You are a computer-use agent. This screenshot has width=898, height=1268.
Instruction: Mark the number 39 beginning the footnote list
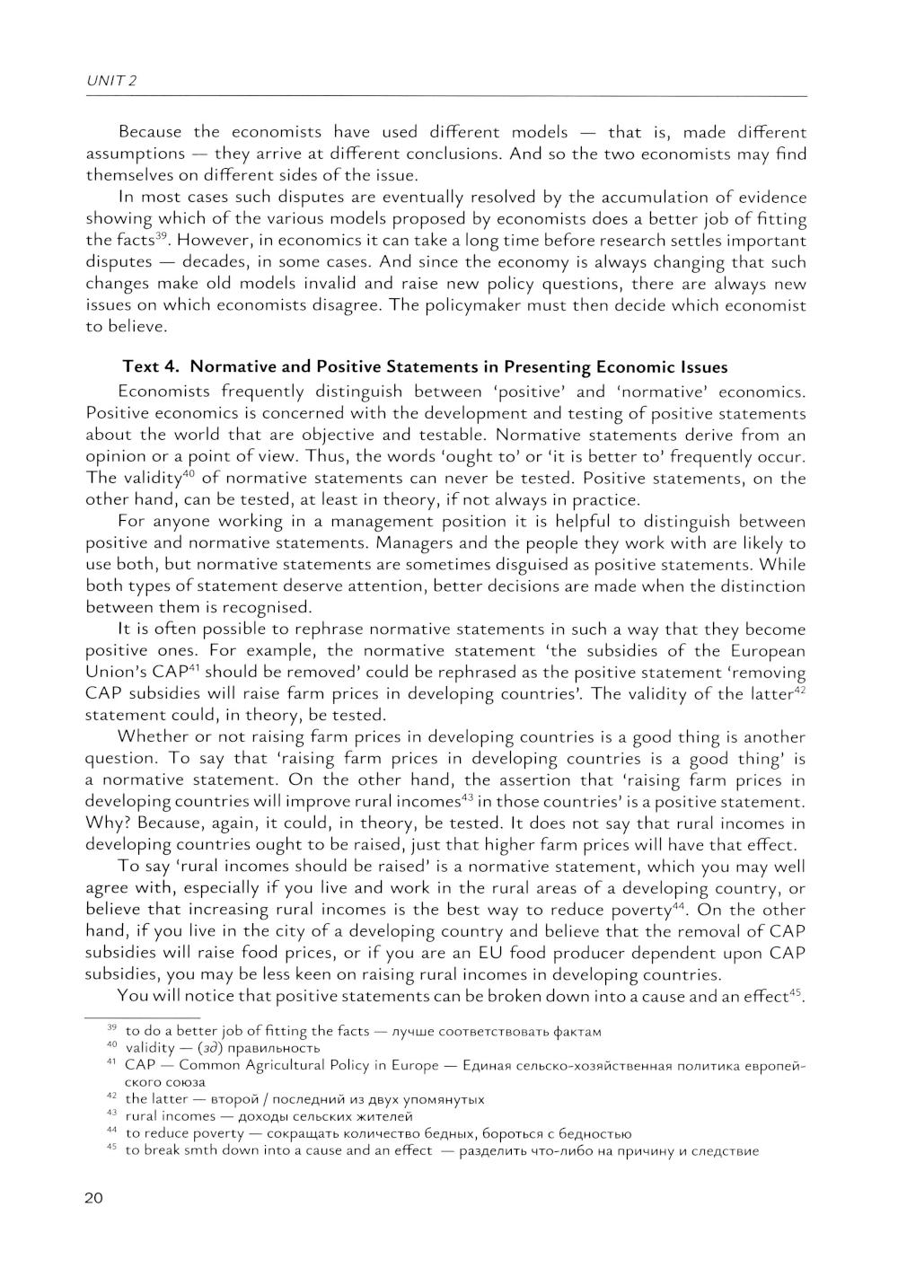(112, 1028)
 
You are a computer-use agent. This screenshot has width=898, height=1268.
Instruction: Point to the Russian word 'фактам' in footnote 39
(578, 1032)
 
